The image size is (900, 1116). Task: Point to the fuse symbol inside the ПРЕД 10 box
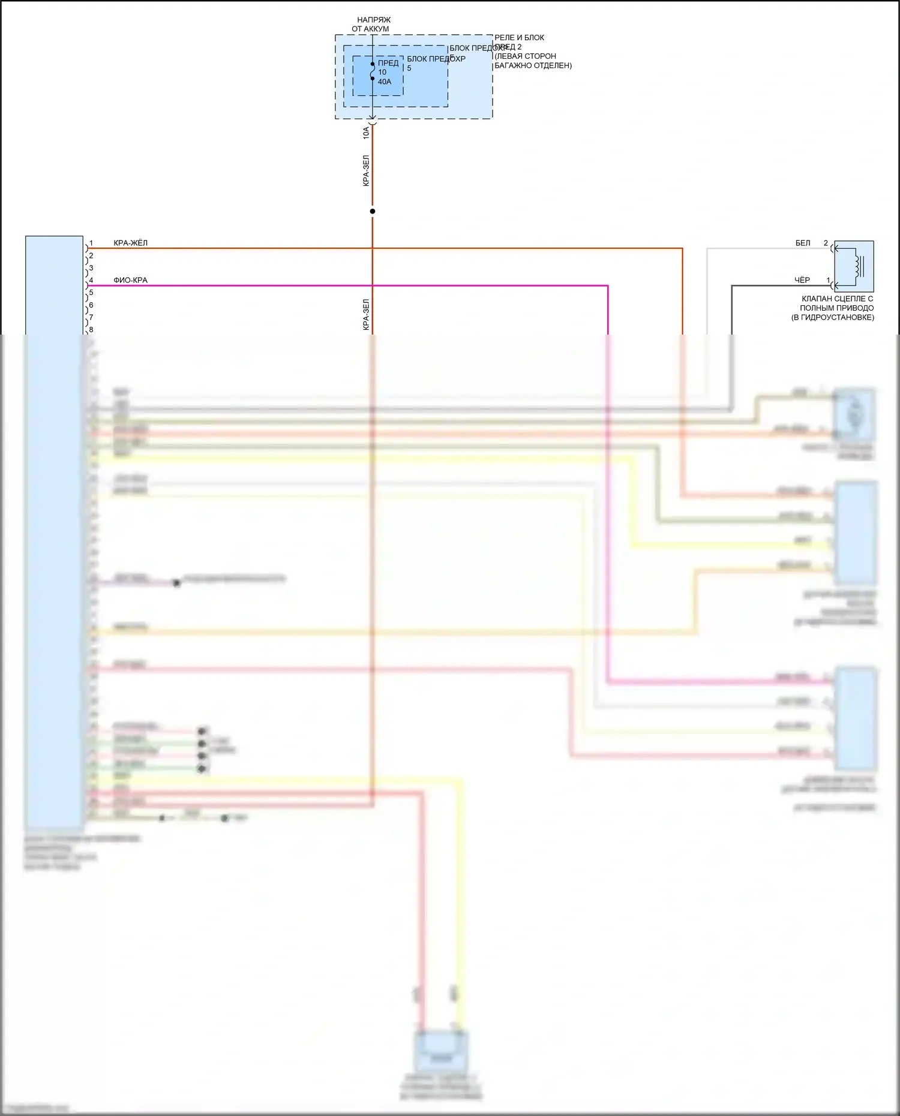point(373,71)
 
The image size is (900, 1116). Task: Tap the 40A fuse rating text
point(385,82)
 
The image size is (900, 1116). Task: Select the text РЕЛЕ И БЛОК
point(519,38)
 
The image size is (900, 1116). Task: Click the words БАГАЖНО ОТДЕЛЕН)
point(533,65)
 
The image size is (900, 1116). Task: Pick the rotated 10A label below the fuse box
point(366,133)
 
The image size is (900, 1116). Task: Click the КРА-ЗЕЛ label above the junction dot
point(366,171)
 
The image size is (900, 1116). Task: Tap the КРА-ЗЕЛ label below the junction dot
point(366,315)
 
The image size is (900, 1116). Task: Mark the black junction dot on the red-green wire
point(373,211)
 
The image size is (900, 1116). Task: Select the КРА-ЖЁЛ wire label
point(130,243)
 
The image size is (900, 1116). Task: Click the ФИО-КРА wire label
point(130,280)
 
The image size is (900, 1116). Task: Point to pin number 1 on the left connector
point(91,243)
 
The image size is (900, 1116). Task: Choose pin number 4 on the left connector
point(91,281)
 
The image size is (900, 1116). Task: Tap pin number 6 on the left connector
point(91,305)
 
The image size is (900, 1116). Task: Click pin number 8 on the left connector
point(91,330)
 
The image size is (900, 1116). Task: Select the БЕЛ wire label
point(803,243)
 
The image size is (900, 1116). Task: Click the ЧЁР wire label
point(802,280)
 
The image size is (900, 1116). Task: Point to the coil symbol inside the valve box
point(859,266)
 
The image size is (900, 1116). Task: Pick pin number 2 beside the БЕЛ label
point(826,243)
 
